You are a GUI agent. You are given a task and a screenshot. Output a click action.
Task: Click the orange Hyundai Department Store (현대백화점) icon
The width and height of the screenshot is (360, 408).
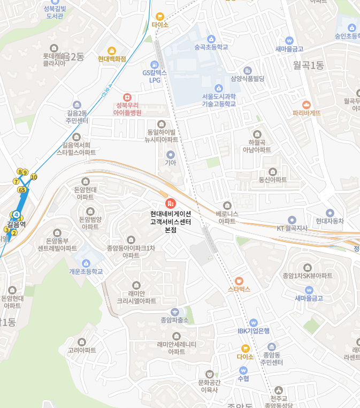click(112, 50)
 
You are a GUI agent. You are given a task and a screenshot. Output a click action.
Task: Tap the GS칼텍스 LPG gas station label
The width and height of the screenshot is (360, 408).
click(155, 76)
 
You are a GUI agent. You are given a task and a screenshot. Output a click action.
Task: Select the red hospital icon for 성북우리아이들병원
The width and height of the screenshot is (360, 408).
click(127, 97)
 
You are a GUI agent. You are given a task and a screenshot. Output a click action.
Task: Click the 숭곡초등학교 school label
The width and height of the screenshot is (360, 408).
click(211, 47)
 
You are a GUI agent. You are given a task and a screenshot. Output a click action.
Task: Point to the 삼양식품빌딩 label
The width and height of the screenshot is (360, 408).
click(248, 79)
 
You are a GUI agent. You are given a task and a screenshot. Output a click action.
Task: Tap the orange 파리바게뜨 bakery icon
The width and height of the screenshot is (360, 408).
click(307, 104)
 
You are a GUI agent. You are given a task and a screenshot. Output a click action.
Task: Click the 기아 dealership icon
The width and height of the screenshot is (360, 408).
click(171, 154)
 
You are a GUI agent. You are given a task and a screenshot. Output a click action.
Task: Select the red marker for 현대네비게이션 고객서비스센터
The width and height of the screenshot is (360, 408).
click(171, 203)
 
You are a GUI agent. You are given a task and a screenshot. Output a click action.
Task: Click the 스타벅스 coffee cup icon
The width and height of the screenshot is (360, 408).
click(239, 280)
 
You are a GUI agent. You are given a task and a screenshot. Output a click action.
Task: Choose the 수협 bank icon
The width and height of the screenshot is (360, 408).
click(243, 369)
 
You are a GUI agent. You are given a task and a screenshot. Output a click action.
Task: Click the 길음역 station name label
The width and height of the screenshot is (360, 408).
click(17, 224)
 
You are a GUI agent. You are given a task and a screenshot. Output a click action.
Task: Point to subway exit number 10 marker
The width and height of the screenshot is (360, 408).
click(34, 177)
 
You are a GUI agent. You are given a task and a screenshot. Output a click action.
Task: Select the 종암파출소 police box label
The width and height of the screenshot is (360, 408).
click(175, 320)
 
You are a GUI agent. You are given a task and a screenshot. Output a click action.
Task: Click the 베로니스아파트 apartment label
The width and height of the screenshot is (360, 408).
click(227, 217)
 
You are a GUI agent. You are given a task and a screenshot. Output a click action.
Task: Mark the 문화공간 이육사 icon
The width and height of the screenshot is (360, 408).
click(209, 374)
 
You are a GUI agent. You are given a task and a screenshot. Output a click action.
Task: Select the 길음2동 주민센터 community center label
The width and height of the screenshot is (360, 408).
click(77, 117)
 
